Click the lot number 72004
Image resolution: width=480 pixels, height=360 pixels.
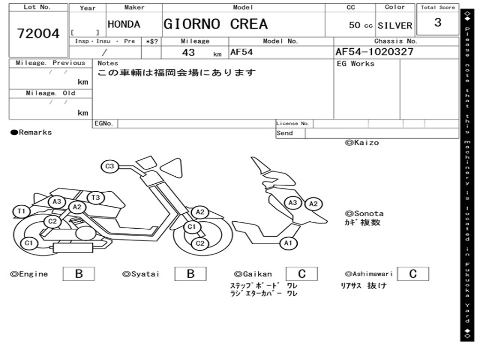[x=38, y=34]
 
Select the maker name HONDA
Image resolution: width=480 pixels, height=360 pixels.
[x=124, y=24]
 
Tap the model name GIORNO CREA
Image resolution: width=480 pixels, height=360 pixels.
[x=216, y=24]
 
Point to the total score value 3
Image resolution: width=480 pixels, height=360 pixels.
[x=438, y=22]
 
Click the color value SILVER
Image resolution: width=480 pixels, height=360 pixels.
[x=395, y=25]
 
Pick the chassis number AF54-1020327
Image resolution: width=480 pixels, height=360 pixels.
[x=375, y=52]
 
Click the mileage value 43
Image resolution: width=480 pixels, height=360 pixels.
[x=188, y=52]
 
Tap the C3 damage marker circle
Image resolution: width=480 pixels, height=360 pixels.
[x=110, y=166]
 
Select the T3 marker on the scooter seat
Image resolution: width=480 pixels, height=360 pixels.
[x=96, y=197]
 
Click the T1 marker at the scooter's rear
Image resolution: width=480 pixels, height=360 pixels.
[x=21, y=211]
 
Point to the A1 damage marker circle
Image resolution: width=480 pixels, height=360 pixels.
[x=288, y=243]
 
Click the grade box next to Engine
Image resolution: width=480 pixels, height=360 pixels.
[x=79, y=274]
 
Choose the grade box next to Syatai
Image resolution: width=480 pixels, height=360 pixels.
[x=191, y=274]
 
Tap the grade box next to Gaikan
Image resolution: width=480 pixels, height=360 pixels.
[x=302, y=274]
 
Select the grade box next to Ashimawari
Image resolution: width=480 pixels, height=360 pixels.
[x=413, y=274]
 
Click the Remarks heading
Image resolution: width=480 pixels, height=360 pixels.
[x=31, y=133]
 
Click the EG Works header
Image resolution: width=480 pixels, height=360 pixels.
[x=356, y=64]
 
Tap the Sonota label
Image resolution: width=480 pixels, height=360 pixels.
[x=364, y=213]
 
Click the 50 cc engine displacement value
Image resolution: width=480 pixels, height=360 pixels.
[x=360, y=25]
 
